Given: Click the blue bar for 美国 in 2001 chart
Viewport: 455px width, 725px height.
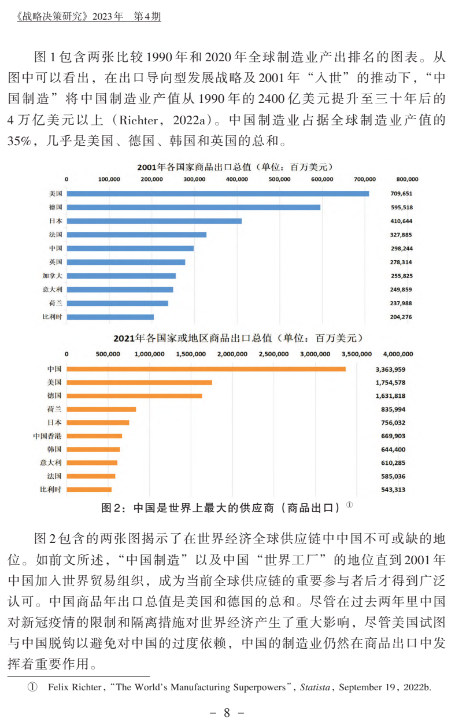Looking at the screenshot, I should tap(217, 193).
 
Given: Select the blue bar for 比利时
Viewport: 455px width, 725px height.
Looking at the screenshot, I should tap(110, 317).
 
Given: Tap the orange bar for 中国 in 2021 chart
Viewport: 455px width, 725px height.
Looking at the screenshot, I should tap(206, 369).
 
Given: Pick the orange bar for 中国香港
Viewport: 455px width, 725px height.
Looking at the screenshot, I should tap(94, 436).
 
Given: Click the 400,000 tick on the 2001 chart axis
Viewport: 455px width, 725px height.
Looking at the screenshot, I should tap(237, 179).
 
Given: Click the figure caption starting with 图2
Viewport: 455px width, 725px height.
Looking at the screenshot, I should tap(222, 508).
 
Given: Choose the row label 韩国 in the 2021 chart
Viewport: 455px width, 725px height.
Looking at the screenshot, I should tap(54, 449).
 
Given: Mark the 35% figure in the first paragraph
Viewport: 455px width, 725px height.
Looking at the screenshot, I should tap(21, 140).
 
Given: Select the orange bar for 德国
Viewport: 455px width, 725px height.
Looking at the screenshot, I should tap(134, 396).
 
